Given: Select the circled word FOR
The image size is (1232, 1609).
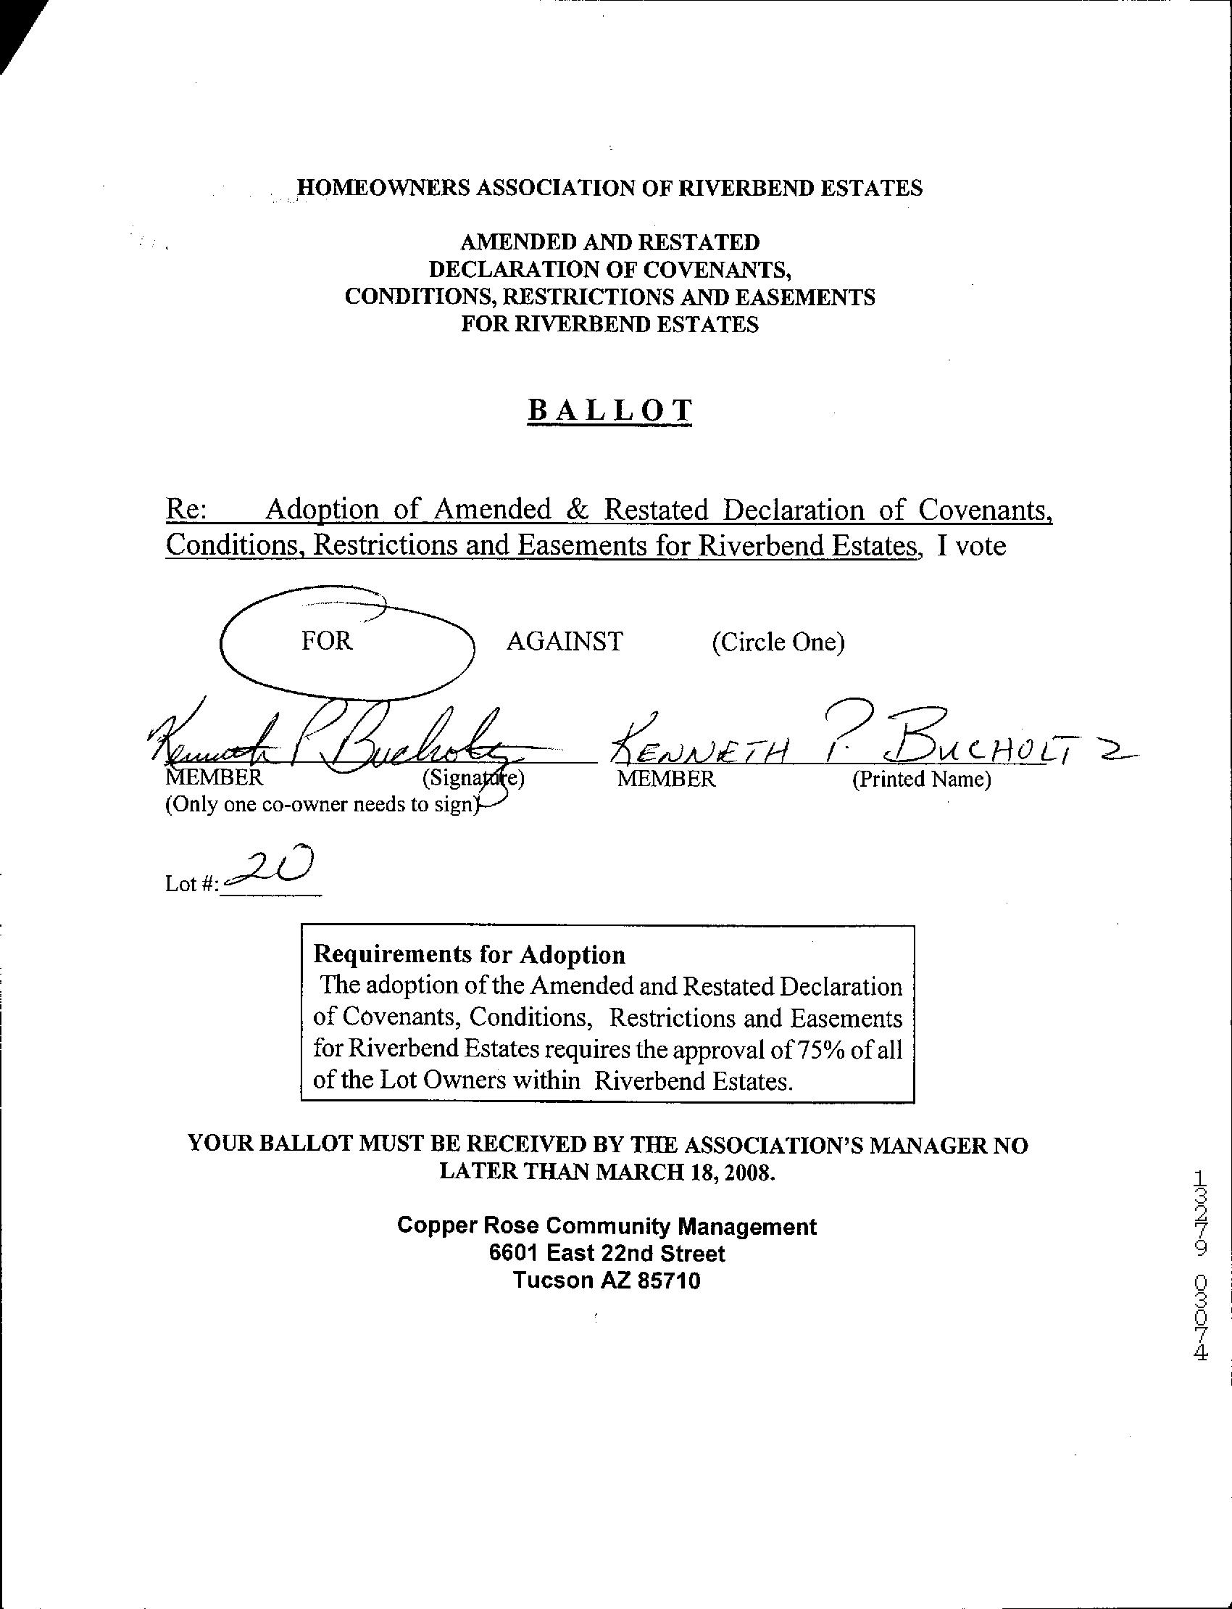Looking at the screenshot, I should tap(327, 640).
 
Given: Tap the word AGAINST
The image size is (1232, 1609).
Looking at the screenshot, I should tap(564, 641).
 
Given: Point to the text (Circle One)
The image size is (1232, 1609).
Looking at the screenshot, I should tap(778, 642).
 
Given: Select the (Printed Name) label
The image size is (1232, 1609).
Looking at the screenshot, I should tap(921, 779).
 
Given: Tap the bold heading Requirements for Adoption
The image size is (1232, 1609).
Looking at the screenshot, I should tap(470, 954).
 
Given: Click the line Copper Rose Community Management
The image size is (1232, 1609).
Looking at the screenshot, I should tap(607, 1226).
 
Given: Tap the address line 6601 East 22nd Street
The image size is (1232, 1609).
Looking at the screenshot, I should tap(607, 1253).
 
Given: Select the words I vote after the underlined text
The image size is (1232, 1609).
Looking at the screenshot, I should tap(971, 546).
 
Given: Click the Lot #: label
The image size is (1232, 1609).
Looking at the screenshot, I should tap(191, 884).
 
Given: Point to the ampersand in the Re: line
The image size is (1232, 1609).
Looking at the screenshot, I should tap(578, 509).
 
